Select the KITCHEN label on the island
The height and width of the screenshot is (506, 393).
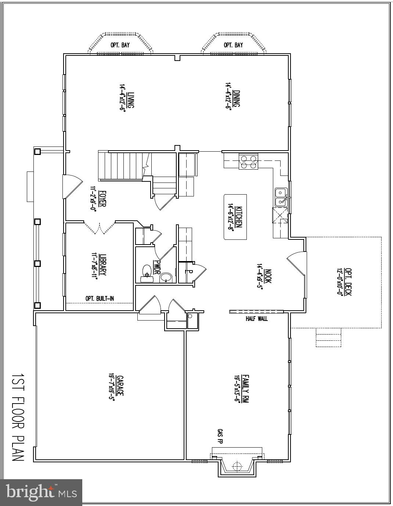238,217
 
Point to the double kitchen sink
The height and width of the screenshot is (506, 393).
281,197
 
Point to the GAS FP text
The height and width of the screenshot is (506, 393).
220,436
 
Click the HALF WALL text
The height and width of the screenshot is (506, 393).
256,319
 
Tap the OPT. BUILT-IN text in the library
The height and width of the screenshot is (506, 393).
100,299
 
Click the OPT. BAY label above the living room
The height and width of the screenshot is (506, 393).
120,45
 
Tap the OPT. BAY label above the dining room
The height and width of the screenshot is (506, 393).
233,45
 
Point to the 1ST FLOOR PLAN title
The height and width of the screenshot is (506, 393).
17,418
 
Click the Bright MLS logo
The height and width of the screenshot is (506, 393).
41,492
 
